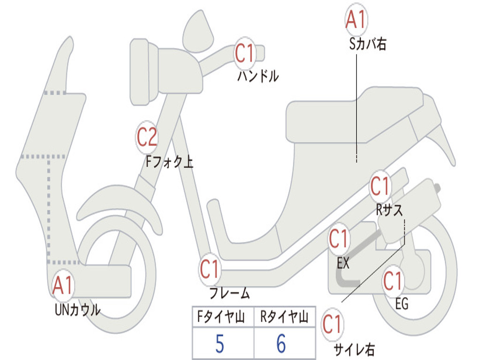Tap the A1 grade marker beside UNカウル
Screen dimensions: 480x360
point(63,285)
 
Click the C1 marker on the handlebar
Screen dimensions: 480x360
point(245,53)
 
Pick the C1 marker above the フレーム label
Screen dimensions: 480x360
point(210,269)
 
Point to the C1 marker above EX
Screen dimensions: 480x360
point(339,240)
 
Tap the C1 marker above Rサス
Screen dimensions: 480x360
point(380,187)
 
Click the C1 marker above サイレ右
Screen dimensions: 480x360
point(332,324)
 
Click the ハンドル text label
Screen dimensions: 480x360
point(257,75)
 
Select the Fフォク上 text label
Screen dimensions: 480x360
point(169,162)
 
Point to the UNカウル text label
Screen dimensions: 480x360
point(78,310)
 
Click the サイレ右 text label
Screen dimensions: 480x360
point(354,349)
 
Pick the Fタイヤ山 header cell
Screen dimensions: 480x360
point(223,318)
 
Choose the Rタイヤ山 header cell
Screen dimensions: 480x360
point(284,318)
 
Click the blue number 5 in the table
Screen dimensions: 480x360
point(219,344)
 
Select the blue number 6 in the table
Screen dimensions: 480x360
point(281,344)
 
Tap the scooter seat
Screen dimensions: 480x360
point(352,115)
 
